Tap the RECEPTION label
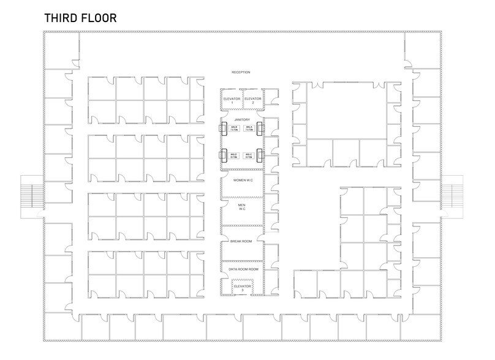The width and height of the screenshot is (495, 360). (241, 72)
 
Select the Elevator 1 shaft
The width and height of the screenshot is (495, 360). (232, 100)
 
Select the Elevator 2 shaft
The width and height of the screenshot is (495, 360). (252, 100)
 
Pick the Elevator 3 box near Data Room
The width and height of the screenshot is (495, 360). (243, 287)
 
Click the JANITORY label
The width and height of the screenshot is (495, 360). (241, 119)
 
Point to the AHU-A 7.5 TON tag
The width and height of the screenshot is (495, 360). (249, 129)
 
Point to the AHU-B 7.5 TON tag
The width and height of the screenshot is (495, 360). (234, 129)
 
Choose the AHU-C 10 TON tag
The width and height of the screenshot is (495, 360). (249, 156)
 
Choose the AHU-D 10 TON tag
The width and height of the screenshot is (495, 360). (234, 156)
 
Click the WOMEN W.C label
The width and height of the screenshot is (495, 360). (241, 180)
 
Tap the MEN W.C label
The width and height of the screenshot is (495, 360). (241, 206)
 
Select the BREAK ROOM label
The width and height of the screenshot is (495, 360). (241, 241)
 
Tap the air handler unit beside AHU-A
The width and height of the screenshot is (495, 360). (260, 129)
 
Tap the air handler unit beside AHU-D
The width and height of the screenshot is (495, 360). (223, 156)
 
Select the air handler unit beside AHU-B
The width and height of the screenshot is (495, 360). (223, 129)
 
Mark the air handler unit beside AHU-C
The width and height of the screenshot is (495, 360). (260, 156)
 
